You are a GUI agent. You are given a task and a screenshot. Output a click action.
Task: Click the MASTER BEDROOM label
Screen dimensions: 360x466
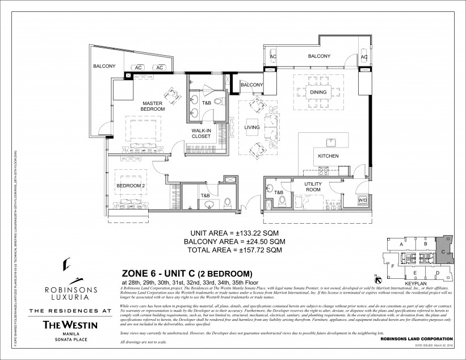pyautogui.click(x=153, y=106)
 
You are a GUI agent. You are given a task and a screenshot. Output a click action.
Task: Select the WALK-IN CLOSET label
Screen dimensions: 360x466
pyautogui.click(x=201, y=133)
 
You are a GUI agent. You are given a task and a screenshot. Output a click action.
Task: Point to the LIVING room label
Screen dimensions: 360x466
pyautogui.click(x=251, y=127)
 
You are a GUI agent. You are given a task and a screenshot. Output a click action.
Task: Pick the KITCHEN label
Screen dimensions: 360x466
pyautogui.click(x=328, y=156)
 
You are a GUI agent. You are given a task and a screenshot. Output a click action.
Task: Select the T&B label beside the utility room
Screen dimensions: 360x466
pyautogui.click(x=279, y=193)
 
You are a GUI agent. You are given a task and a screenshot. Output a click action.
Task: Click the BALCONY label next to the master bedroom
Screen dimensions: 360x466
pyautogui.click(x=104, y=66)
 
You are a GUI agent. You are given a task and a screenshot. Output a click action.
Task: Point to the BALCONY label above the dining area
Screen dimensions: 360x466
pyautogui.click(x=319, y=56)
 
